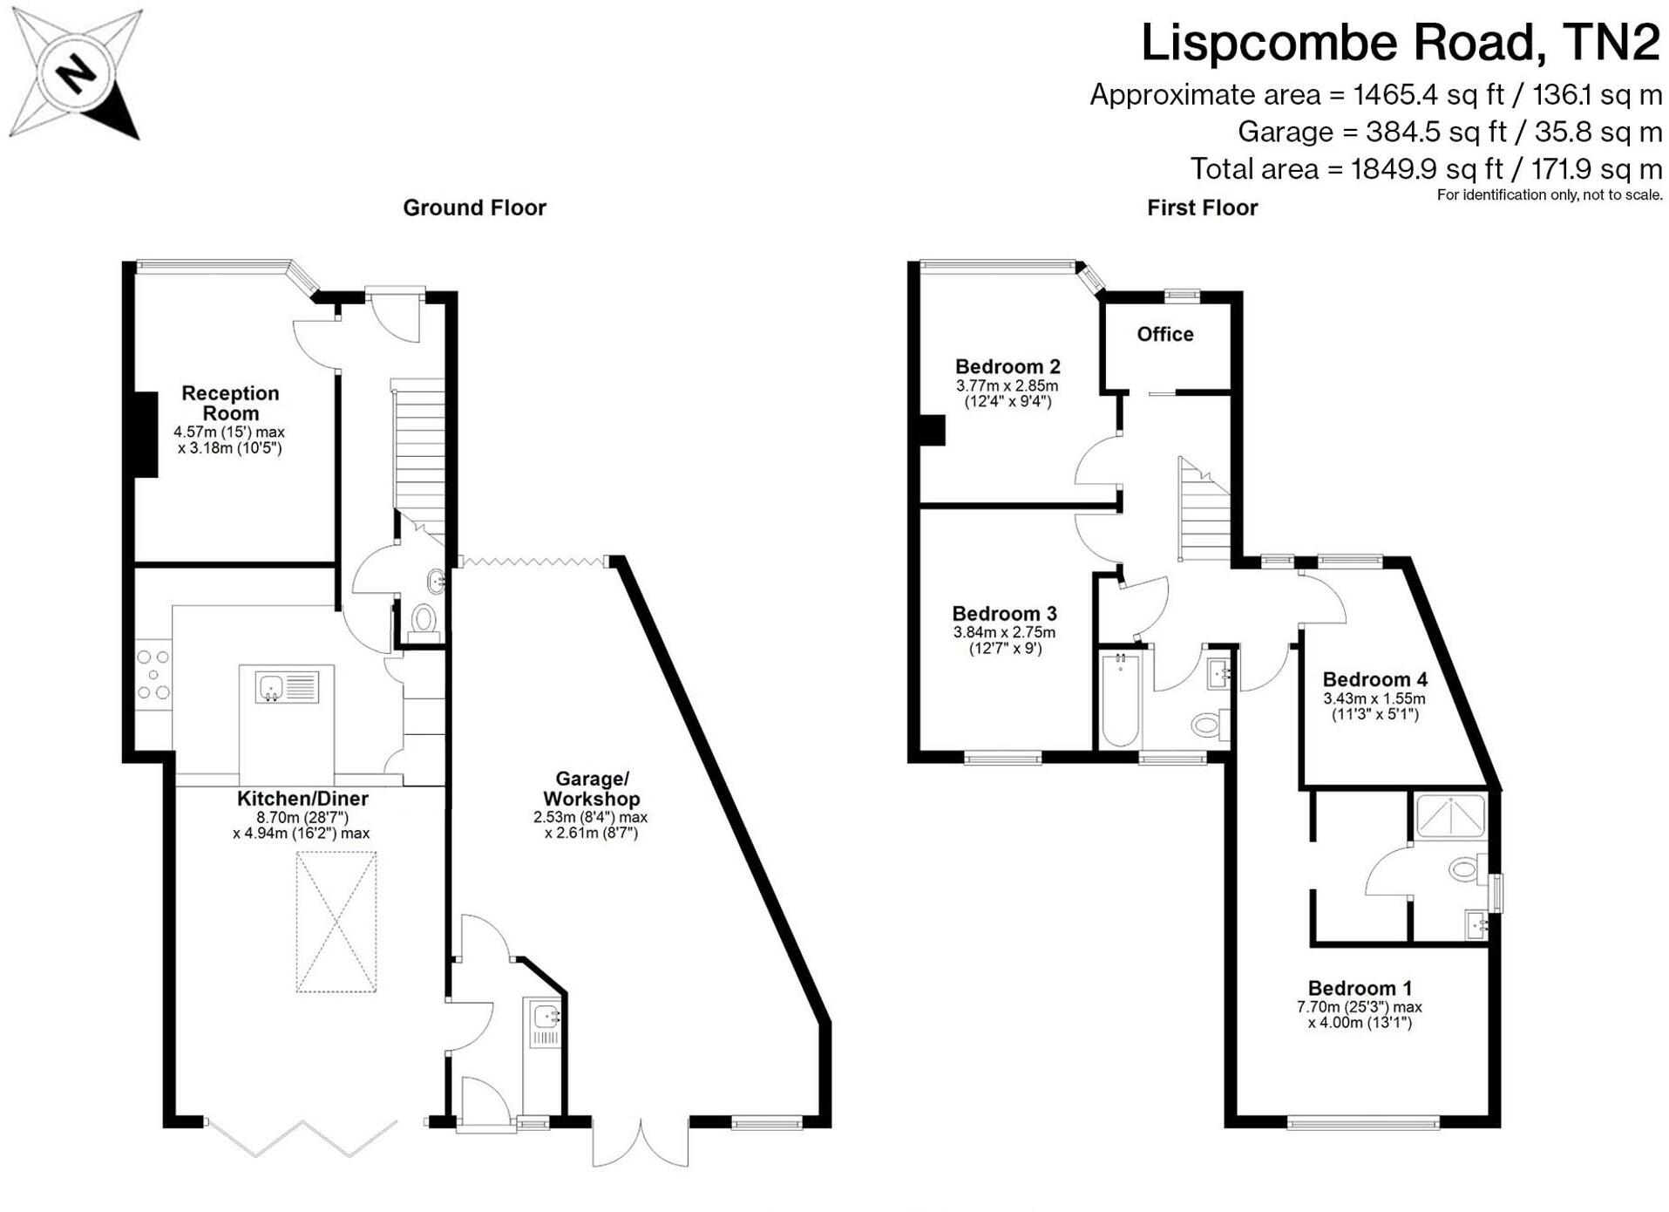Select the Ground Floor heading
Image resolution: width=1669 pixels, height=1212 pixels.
[474, 208]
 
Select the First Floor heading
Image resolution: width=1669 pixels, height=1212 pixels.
[1202, 208]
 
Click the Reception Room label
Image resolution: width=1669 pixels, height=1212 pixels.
[230, 403]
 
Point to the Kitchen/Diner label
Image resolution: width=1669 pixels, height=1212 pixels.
[302, 798]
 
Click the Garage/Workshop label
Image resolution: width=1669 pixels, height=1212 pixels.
[591, 788]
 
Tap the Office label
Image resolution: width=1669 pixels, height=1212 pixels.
[1164, 334]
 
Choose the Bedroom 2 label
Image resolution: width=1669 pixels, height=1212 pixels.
[1008, 366]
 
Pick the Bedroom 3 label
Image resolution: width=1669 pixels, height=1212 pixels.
[1004, 613]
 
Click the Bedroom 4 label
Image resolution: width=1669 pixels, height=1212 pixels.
[1374, 679]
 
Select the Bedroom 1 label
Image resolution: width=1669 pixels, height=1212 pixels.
[1360, 988]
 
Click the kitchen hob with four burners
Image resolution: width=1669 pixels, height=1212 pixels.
[153, 675]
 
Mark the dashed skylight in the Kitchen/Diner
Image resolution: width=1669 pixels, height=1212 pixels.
[336, 922]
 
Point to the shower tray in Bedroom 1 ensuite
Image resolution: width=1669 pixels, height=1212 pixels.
[1450, 814]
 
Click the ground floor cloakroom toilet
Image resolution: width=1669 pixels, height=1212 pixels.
[424, 621]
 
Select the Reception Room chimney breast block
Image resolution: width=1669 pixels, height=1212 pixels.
[146, 434]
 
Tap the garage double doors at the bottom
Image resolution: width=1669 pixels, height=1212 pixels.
[641, 1142]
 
